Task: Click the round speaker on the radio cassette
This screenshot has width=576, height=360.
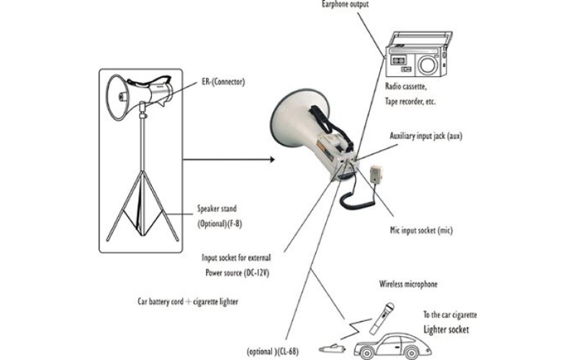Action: tap(428, 63)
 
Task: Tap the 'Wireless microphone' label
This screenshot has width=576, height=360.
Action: tap(408, 284)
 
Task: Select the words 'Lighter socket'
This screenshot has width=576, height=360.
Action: tap(446, 329)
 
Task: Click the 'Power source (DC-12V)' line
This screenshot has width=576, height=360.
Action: tap(241, 273)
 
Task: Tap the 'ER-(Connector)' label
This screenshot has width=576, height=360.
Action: tap(224, 82)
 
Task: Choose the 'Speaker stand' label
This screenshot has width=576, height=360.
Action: tap(217, 210)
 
